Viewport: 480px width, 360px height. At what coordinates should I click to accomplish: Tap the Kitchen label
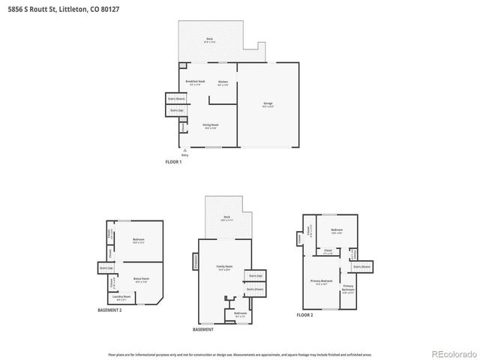click(x=223, y=82)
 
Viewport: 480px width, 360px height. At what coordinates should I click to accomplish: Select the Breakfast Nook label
click(x=195, y=82)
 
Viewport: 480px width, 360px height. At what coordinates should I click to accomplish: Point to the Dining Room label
click(x=210, y=126)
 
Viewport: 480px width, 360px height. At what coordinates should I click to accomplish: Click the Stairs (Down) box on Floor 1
click(x=175, y=99)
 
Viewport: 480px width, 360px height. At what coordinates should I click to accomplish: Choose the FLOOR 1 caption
click(x=173, y=162)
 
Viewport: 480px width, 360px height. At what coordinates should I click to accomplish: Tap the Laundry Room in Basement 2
click(x=122, y=298)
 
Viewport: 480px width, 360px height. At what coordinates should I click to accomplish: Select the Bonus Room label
click(x=141, y=279)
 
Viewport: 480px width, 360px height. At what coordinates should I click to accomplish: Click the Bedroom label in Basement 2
click(x=138, y=241)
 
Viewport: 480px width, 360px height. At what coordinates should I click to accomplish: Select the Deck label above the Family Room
click(x=226, y=218)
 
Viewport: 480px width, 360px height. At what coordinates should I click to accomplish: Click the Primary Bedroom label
click(x=322, y=283)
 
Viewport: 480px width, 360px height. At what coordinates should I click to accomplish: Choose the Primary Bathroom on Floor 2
click(x=349, y=288)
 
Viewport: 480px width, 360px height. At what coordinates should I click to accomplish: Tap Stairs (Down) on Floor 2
click(x=362, y=266)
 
